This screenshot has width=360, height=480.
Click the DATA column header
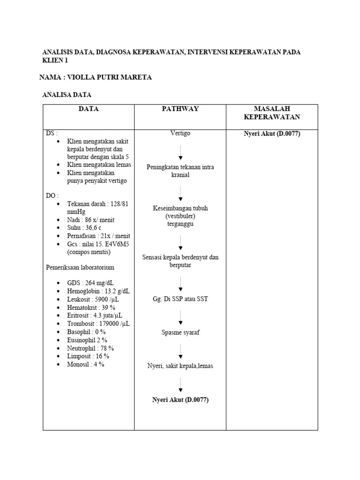(x=88, y=109)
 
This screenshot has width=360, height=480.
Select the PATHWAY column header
(x=180, y=109)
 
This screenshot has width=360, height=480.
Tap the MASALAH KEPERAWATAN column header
(x=272, y=113)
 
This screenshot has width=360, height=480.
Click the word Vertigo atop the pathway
(x=180, y=134)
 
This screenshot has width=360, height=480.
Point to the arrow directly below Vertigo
(x=180, y=153)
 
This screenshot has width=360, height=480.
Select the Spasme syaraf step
(x=180, y=333)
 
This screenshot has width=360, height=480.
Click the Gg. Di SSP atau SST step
(x=180, y=299)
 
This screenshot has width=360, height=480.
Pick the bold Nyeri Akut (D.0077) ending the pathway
(x=180, y=400)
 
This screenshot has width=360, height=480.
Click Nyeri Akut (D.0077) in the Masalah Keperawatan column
(x=272, y=134)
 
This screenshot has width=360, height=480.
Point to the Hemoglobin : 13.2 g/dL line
(x=98, y=292)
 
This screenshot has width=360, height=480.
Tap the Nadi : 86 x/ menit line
(x=90, y=219)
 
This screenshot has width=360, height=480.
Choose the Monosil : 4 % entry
(x=85, y=364)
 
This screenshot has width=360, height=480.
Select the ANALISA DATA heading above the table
(x=67, y=95)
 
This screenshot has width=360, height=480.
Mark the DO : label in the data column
(x=52, y=195)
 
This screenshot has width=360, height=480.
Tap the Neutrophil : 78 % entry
(x=90, y=348)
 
